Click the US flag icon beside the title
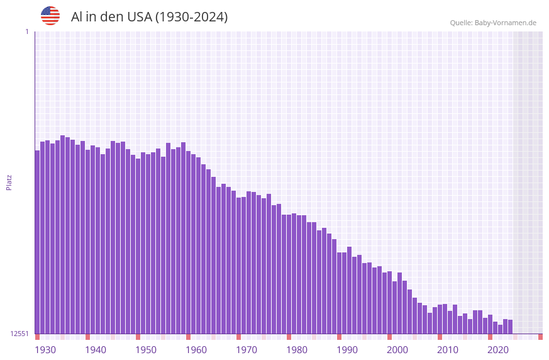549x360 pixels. (x=50, y=16)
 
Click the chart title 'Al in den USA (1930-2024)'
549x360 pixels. (x=149, y=17)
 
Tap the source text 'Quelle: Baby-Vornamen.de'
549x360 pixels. (x=493, y=23)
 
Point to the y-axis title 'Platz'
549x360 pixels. (x=9, y=183)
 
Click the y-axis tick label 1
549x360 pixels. (x=26, y=31)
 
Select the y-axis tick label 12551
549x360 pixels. (x=20, y=334)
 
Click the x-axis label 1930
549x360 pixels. (x=45, y=350)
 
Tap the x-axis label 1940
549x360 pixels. (x=96, y=350)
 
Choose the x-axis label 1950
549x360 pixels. (x=146, y=350)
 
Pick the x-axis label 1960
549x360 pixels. (x=196, y=350)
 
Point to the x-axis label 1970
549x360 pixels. (x=247, y=350)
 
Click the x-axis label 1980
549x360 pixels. (x=297, y=350)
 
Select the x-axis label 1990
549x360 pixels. (x=347, y=350)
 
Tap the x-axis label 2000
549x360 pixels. (x=397, y=350)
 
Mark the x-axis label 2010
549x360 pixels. (x=448, y=350)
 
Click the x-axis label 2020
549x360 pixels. (x=498, y=350)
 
